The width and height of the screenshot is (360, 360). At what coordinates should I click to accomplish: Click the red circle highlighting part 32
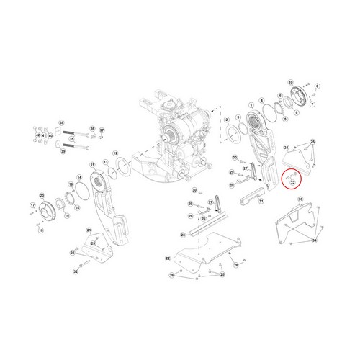[289, 177]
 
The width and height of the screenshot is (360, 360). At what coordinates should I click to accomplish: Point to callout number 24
[287, 147]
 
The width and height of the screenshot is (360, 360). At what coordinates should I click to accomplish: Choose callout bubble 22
[168, 258]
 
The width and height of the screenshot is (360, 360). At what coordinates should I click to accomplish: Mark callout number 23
[183, 235]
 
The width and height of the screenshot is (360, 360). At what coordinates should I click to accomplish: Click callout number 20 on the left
[42, 195]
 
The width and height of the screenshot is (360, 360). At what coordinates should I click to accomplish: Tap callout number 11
[91, 165]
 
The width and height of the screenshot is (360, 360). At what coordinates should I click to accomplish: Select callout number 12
[115, 153]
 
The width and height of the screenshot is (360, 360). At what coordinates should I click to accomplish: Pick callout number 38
[61, 122]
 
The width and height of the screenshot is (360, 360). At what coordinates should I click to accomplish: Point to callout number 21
[89, 230]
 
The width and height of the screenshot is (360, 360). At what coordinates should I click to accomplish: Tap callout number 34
[315, 241]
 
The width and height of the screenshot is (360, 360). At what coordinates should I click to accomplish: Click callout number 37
[102, 130]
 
